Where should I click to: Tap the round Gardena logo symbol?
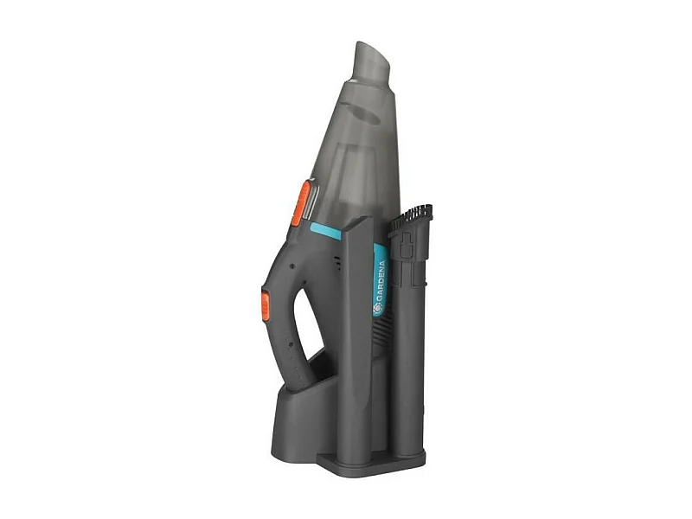click(378, 307)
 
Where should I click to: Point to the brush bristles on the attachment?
click(413, 215)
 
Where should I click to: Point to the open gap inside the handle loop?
click(307, 311)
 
